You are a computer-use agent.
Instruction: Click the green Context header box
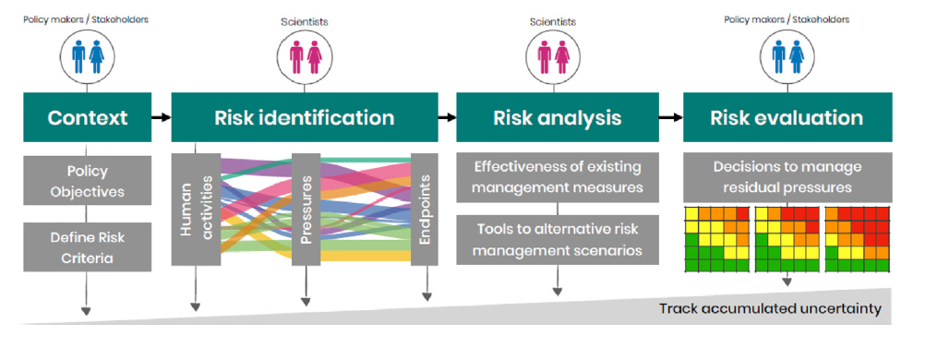88,117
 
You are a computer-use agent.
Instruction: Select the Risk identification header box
305,117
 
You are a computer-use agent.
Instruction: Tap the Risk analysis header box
558,117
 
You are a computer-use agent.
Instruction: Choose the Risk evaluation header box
787,117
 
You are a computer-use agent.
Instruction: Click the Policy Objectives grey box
88,181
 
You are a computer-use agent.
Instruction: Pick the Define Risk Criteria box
88,246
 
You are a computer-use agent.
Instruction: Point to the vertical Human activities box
196,210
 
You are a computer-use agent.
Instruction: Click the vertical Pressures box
306,210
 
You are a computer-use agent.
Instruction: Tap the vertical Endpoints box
424,210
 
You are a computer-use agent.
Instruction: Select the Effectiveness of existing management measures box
558,177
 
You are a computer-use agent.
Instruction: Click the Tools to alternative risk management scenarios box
558,240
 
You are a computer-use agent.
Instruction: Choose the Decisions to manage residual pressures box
787,177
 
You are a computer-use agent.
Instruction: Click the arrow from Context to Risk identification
162,117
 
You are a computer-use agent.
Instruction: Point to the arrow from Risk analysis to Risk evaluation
671,117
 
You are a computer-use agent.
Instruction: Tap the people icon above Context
88,56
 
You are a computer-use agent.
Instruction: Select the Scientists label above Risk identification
305,22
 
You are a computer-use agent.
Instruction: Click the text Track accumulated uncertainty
771,308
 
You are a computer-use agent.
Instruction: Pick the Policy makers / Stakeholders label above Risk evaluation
787,19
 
